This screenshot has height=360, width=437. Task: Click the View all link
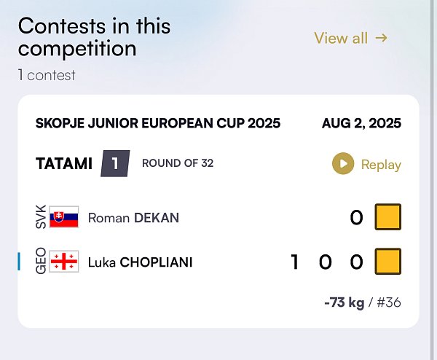(350, 38)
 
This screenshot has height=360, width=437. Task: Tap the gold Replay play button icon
(343, 163)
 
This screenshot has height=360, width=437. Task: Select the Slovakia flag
(64, 217)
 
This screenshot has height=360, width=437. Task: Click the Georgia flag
(64, 262)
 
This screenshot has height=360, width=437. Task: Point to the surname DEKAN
(157, 218)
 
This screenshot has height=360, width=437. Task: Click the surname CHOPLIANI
(156, 262)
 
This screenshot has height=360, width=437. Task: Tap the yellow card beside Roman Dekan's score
(388, 217)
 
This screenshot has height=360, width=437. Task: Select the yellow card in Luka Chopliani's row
(388, 262)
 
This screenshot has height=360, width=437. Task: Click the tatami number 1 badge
(115, 163)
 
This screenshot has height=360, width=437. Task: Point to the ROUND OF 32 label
(178, 163)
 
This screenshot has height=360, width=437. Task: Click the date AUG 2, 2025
(361, 123)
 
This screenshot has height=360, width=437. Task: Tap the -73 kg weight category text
(345, 302)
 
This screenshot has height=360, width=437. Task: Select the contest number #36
(389, 302)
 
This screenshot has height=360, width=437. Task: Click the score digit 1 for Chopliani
(295, 262)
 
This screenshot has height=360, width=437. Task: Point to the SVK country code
(41, 217)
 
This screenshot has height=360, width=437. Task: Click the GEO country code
(41, 262)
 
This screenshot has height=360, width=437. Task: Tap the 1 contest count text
(47, 75)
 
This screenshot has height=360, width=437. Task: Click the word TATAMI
(64, 163)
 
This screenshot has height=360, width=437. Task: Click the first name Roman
(109, 218)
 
